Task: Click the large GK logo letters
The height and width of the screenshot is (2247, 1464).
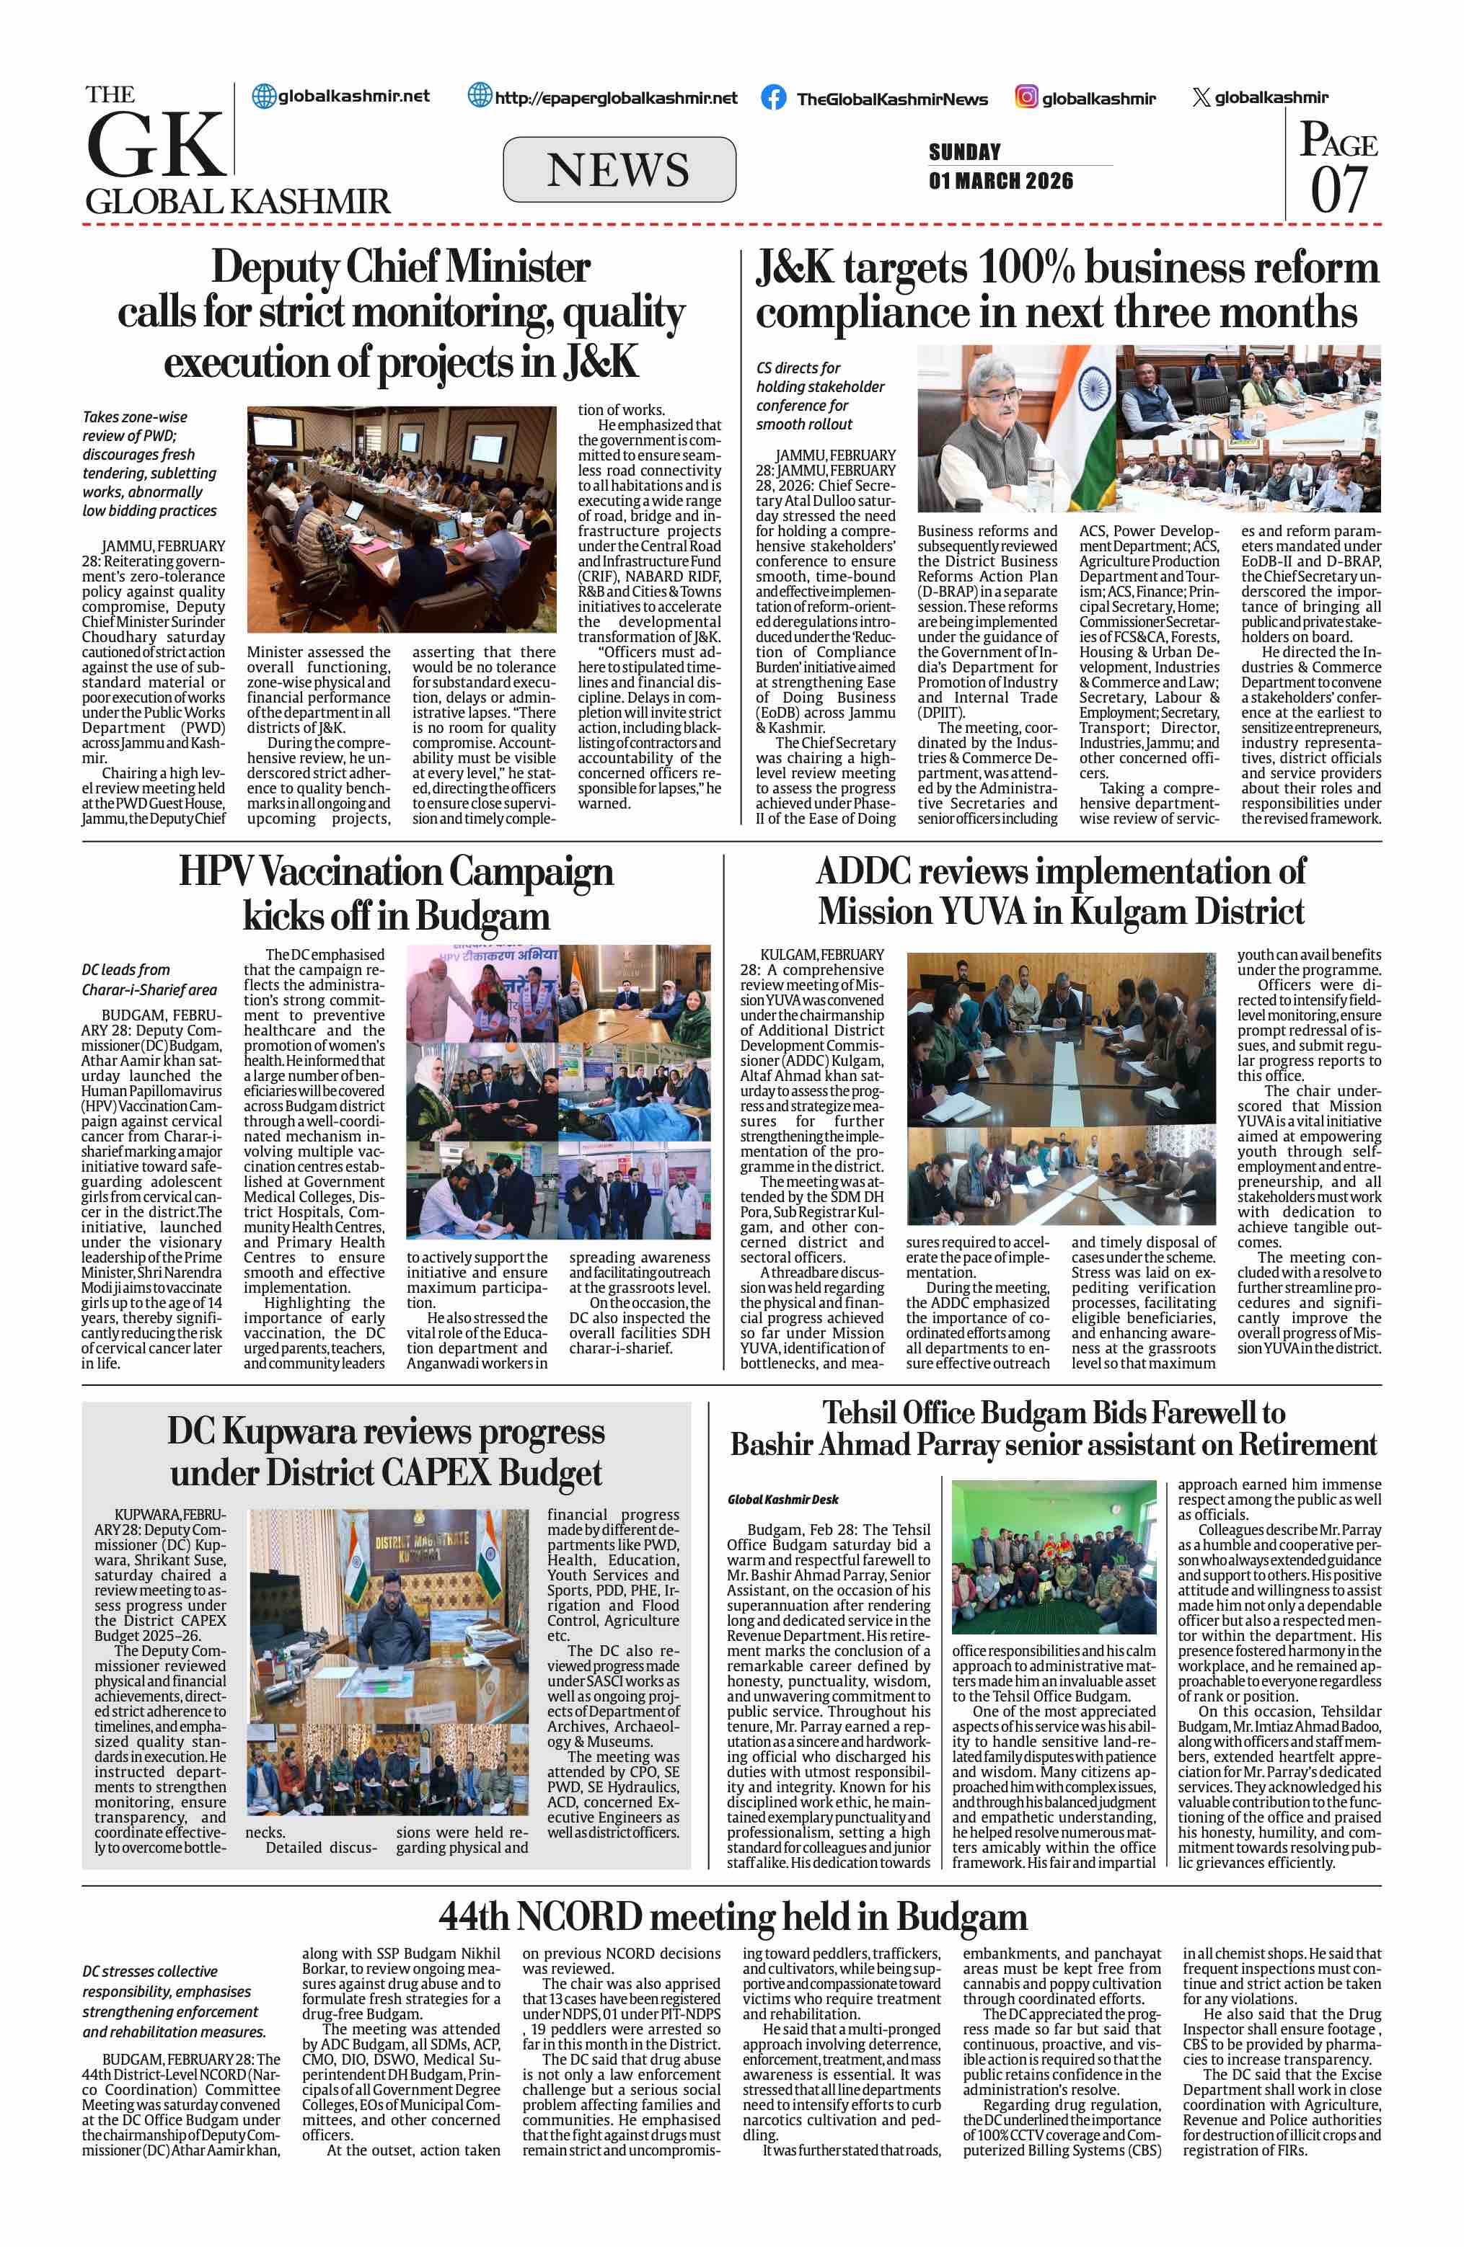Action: pyautogui.click(x=156, y=144)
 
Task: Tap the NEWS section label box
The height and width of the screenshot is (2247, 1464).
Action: pyautogui.click(x=619, y=170)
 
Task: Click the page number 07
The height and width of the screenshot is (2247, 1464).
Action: pyautogui.click(x=1339, y=189)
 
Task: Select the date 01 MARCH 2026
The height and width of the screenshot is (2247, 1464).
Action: pyautogui.click(x=1000, y=182)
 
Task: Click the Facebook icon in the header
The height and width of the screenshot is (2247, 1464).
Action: pyautogui.click(x=774, y=97)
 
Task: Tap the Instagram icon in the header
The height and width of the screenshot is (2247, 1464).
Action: pyautogui.click(x=1027, y=97)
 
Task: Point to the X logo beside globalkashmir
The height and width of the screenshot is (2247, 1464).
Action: pyautogui.click(x=1201, y=97)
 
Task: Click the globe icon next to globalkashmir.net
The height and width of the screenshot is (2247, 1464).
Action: pyautogui.click(x=263, y=95)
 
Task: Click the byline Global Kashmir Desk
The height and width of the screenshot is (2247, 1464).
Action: pyautogui.click(x=783, y=1498)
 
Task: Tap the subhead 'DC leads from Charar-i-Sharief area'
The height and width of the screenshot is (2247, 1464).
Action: pyautogui.click(x=149, y=979)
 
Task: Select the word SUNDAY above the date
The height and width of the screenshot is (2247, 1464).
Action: pyautogui.click(x=964, y=152)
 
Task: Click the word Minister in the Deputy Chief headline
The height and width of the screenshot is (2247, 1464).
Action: pyautogui.click(x=519, y=267)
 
